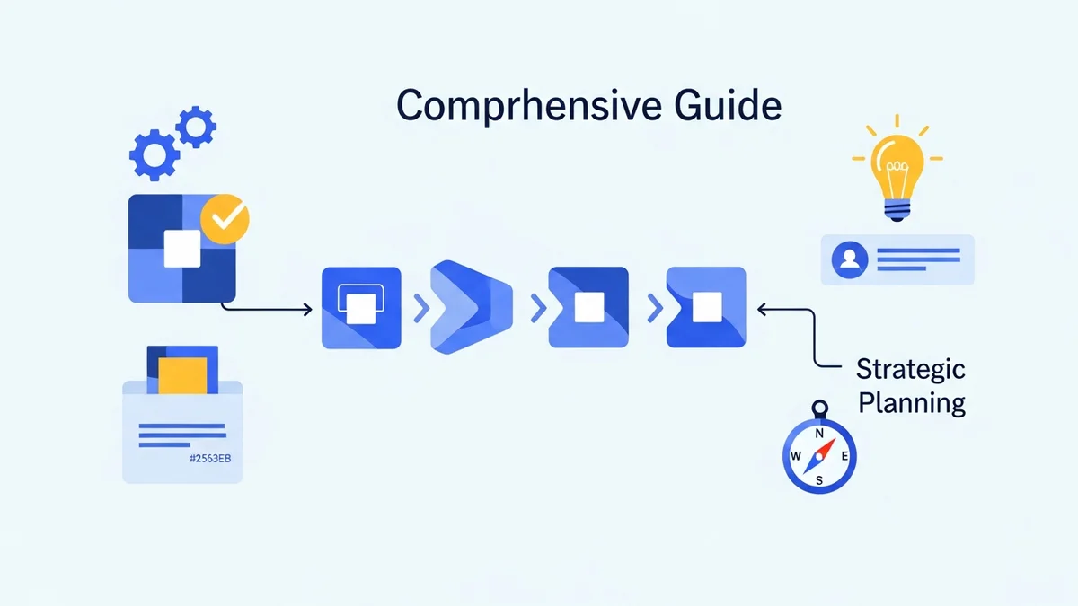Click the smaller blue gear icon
point(195,127)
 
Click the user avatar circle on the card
point(849,260)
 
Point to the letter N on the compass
point(819,433)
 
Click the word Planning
point(911,402)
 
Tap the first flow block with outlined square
point(361,307)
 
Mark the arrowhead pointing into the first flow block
point(307,310)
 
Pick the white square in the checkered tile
point(182,247)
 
